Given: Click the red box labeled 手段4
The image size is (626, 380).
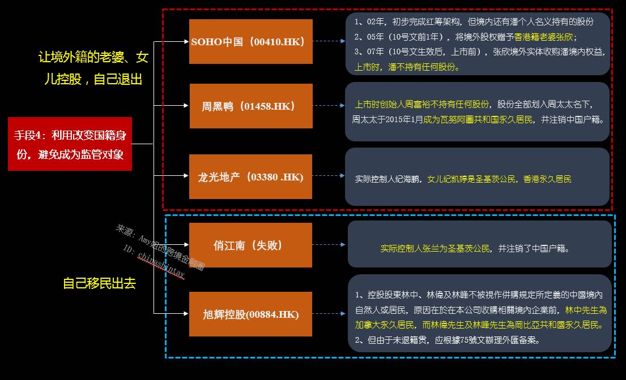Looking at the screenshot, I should (x=70, y=144).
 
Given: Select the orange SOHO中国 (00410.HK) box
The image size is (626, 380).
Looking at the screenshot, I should (x=250, y=41).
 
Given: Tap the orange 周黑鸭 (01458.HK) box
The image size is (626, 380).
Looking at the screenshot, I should (x=250, y=106).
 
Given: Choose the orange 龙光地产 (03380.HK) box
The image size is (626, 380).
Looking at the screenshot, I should (x=250, y=176).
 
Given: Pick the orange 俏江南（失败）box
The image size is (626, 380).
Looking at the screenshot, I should (x=250, y=245).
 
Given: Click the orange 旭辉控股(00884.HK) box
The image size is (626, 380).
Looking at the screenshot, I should (x=250, y=314).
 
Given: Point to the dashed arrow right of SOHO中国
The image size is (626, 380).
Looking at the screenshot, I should (x=329, y=41).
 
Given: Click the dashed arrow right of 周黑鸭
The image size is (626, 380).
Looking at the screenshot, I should (x=329, y=106).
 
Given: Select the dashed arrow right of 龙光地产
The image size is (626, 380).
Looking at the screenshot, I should (x=329, y=176).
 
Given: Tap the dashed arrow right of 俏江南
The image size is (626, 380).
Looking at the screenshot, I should (x=329, y=245).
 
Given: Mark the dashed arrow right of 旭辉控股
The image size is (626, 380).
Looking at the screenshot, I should (x=329, y=314).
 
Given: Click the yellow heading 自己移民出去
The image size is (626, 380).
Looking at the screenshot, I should (x=99, y=283).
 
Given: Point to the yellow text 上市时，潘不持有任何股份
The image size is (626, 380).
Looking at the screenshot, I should (x=407, y=67).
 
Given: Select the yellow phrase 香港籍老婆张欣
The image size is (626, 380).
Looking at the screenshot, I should (x=536, y=37).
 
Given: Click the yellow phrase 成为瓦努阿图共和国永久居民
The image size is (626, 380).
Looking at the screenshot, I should (x=478, y=119).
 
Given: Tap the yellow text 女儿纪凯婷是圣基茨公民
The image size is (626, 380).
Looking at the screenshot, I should (x=472, y=179).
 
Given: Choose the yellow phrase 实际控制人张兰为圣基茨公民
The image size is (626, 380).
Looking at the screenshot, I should (x=435, y=248).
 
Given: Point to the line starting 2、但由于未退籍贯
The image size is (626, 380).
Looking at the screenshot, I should (x=447, y=340).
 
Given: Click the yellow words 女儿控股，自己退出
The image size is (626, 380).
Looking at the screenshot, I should (x=93, y=79).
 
